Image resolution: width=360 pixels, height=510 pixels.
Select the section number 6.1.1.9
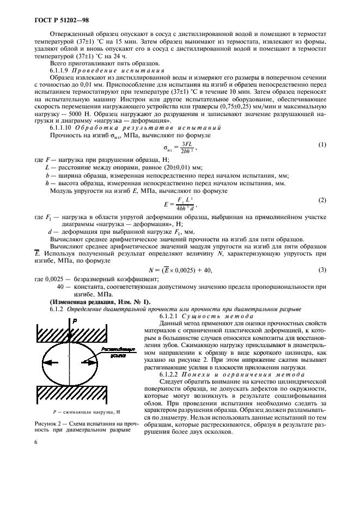pos(62,71)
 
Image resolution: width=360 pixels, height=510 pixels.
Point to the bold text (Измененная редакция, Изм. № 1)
pos(93,302)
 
